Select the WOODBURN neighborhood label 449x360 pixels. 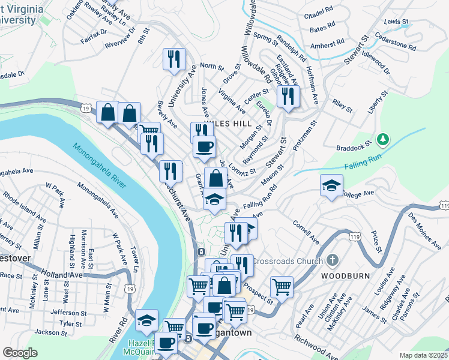pos(342,276)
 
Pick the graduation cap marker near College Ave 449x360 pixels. pos(331,185)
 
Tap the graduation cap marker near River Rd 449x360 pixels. pos(146,320)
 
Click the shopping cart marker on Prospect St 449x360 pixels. pos(282,286)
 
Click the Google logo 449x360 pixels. pos(19,353)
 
